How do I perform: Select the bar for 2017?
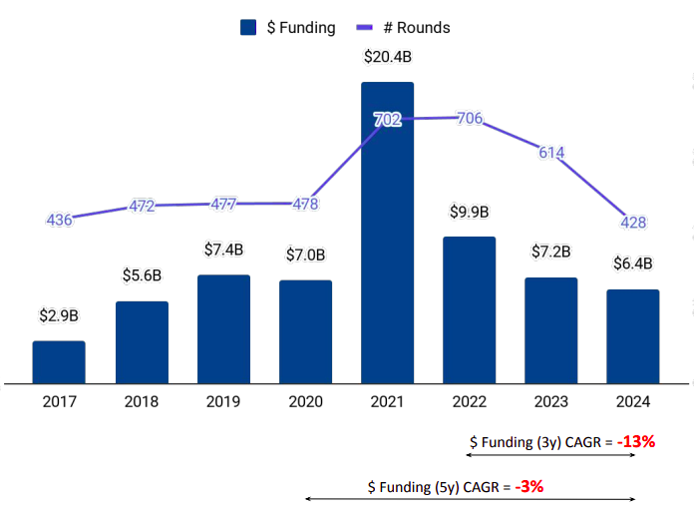[x=59, y=362]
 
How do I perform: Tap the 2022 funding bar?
[x=469, y=309]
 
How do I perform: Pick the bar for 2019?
[x=223, y=328]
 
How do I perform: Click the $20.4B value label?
[x=387, y=57]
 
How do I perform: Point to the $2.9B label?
[x=59, y=315]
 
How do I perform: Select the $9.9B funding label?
[x=469, y=212]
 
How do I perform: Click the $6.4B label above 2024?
[x=632, y=263]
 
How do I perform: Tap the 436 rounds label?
[x=59, y=220]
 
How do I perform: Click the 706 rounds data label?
[x=470, y=119]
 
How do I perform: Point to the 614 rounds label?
[x=551, y=153]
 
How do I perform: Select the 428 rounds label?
[x=632, y=220]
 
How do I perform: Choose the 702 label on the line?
[x=387, y=120]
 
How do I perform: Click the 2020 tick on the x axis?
[x=305, y=402]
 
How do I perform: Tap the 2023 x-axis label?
[x=551, y=402]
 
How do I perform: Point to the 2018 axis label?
[x=141, y=402]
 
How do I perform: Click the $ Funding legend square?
[x=249, y=27]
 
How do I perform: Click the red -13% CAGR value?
[x=635, y=441]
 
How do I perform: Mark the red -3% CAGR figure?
[x=529, y=487]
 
